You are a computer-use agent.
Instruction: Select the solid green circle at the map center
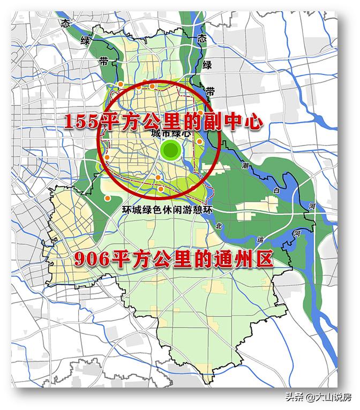(x=171, y=151)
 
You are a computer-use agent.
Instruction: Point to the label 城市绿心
(x=170, y=133)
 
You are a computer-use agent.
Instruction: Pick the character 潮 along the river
(x=245, y=165)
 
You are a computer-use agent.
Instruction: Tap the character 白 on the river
(x=276, y=191)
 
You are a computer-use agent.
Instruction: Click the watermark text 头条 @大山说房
(x=318, y=397)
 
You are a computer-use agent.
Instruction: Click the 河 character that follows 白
(x=311, y=206)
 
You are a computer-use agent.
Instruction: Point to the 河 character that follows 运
(x=297, y=234)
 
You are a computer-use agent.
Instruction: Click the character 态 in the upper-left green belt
(x=66, y=24)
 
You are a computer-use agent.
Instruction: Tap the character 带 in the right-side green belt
(x=211, y=91)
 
